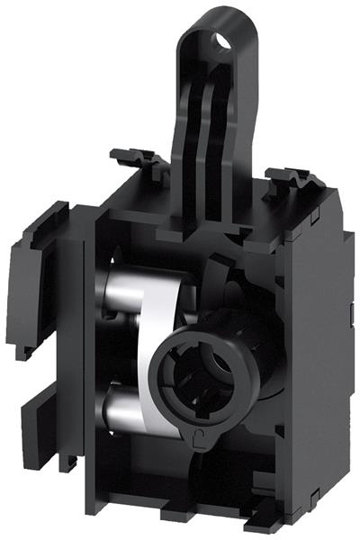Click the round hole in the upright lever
tap(219, 40)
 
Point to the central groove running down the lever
tap(207, 135)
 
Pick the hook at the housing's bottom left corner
tap(67, 463)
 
